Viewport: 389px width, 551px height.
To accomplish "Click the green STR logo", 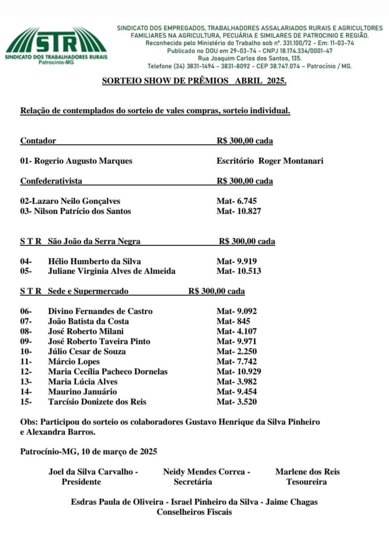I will (56, 45).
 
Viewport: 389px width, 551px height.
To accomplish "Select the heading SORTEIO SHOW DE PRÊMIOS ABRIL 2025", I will (194, 81).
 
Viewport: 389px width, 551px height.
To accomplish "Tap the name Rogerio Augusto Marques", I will (83, 161).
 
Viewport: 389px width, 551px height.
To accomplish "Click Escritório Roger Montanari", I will (270, 161).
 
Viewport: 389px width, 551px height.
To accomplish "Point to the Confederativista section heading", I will (51, 181).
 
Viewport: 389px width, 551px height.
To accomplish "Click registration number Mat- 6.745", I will (236, 201).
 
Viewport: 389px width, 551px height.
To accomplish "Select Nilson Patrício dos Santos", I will (82, 211).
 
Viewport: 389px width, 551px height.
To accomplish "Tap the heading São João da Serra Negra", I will (94, 241).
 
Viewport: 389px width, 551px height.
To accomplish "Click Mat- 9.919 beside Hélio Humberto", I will (236, 261).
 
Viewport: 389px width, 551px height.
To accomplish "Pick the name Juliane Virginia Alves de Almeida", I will (112, 271).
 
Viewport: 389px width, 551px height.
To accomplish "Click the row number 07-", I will (26, 321).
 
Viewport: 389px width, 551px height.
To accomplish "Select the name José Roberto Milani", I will (86, 331).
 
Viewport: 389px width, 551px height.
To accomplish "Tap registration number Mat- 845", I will (233, 321).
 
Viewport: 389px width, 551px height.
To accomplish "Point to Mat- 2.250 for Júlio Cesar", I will (236, 351).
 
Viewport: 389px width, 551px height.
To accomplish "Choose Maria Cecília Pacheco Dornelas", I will (108, 371).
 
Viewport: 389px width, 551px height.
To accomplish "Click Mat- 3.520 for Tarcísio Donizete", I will (236, 401).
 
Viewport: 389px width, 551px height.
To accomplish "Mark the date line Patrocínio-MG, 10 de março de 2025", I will (88, 452).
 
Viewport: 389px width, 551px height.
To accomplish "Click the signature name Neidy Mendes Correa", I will (204, 472).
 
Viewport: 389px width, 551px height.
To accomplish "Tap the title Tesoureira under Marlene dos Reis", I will (306, 482).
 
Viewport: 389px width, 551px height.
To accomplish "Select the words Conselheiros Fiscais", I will (194, 512).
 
